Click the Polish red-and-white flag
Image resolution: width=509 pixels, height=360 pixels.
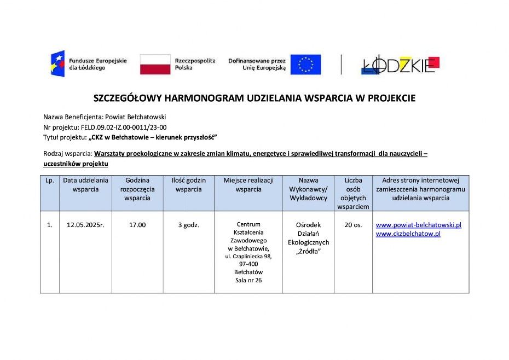(x=155, y=64)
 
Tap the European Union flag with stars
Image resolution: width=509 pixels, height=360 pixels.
(x=305, y=64)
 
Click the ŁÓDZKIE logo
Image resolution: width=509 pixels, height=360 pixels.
(x=400, y=65)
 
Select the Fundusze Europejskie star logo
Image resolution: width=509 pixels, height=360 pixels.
(x=57, y=63)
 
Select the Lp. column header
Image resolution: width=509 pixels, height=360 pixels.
(x=49, y=181)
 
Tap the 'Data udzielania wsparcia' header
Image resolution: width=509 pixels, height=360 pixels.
(x=85, y=185)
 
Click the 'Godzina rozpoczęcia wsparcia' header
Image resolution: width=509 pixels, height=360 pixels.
(x=137, y=189)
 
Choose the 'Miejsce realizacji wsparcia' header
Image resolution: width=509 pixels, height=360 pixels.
(x=248, y=185)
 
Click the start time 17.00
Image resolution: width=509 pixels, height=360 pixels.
(x=137, y=225)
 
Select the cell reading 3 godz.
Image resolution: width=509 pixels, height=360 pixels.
(x=188, y=225)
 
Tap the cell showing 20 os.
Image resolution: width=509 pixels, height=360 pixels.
(x=353, y=225)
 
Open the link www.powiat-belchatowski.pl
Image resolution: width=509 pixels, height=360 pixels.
(x=418, y=225)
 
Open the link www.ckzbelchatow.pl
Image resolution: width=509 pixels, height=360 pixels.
(x=408, y=234)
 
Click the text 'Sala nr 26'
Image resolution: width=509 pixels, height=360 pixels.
(x=248, y=281)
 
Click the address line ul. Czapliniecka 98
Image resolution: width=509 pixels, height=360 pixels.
(x=248, y=256)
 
